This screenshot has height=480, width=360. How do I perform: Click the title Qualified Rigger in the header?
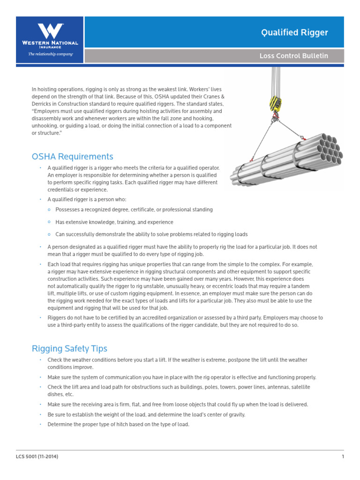click(x=294, y=32)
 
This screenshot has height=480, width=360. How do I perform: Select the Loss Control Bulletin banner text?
click(x=294, y=56)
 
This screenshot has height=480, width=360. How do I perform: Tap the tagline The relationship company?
click(x=50, y=54)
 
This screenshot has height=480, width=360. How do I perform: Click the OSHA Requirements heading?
click(x=72, y=157)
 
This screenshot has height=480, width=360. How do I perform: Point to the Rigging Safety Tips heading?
click(x=69, y=348)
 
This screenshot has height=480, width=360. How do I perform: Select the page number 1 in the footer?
click(x=343, y=457)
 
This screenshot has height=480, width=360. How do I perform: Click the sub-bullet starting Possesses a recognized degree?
click(x=134, y=210)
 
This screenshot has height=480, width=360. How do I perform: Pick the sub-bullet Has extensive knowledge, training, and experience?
click(x=114, y=222)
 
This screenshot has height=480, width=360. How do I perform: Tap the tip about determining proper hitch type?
click(x=118, y=424)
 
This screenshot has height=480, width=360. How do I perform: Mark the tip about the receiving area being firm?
click(x=178, y=404)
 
